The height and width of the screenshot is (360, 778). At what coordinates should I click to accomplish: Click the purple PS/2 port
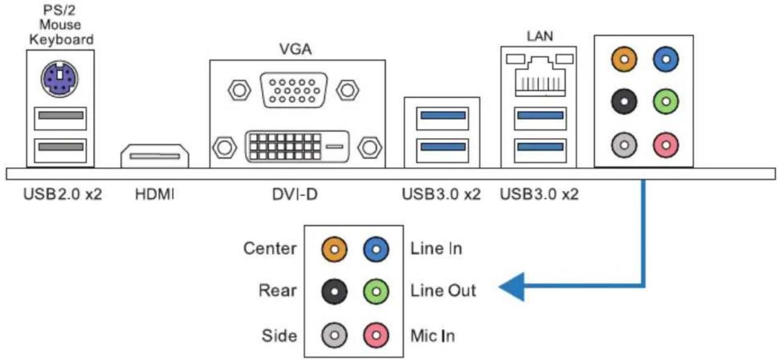[60, 79]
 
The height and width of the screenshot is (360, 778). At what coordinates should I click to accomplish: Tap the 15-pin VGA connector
[294, 90]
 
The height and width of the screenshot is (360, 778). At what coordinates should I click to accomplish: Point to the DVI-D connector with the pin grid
[297, 147]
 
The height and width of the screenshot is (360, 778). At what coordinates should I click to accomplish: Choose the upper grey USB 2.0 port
[60, 119]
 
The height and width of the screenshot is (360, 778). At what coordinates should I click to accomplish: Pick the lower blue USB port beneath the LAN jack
[540, 150]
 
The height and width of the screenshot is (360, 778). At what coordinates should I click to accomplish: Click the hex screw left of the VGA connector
[239, 90]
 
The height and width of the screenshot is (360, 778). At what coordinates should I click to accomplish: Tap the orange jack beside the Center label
[334, 249]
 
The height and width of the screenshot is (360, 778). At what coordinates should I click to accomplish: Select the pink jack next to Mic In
[376, 335]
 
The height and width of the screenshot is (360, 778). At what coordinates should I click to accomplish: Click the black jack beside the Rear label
[334, 292]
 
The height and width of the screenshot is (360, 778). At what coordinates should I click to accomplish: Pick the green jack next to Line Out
[376, 292]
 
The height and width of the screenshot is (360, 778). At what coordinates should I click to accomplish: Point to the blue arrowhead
[512, 287]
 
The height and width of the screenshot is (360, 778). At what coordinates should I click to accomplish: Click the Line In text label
[436, 249]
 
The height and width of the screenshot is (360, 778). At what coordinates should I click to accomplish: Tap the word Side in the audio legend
[279, 336]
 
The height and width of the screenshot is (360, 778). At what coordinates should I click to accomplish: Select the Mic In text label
[432, 336]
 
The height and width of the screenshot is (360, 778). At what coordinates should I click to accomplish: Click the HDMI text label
[155, 194]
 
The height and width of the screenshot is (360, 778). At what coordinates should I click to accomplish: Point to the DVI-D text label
[295, 194]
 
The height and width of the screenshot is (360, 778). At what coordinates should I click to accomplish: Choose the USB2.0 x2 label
[63, 194]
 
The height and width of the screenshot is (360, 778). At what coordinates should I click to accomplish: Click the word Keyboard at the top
[61, 40]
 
